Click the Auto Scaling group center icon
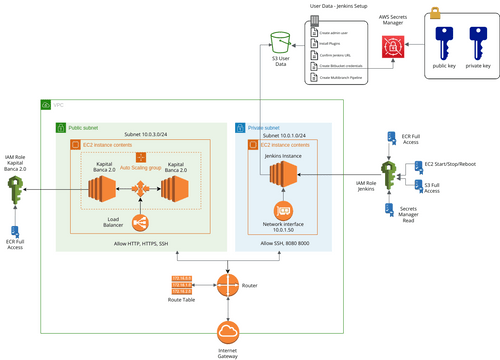[140, 157]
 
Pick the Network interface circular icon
[283, 211]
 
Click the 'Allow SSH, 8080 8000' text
[283, 243]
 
